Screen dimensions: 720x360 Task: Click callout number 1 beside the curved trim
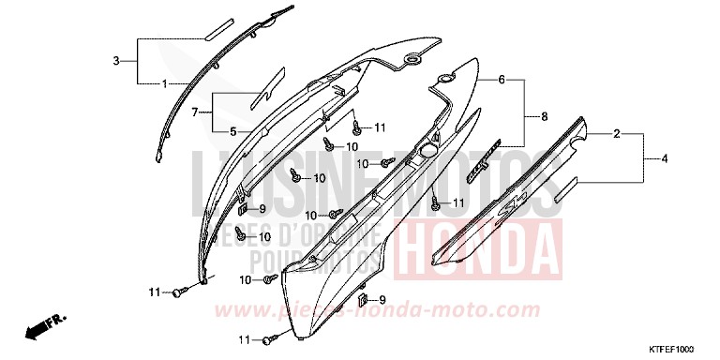165,83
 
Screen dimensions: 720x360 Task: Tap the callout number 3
116,61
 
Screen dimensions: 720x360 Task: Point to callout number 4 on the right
666,159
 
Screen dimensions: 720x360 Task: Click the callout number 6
502,80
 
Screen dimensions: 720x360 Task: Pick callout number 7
195,112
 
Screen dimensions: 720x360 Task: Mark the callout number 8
544,116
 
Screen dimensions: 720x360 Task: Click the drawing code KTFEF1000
667,349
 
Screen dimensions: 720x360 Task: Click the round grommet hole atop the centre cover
411,60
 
